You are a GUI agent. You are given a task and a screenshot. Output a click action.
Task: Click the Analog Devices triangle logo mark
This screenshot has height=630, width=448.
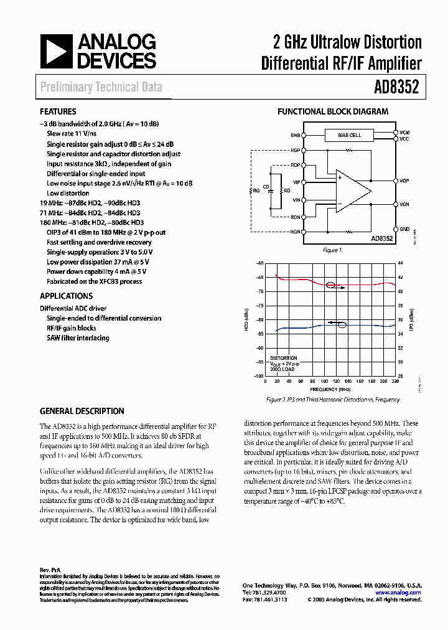57,52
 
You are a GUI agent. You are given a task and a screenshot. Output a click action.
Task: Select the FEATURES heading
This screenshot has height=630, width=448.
58,112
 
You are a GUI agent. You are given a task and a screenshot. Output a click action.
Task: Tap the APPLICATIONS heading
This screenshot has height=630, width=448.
66,296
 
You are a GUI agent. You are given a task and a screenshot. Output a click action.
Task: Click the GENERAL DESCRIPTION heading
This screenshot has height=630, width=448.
82,411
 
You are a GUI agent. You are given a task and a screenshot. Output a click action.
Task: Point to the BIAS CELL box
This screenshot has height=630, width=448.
349,135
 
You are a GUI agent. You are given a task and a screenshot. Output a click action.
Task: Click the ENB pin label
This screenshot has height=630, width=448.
294,135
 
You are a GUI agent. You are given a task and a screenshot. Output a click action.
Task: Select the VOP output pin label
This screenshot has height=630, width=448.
404,181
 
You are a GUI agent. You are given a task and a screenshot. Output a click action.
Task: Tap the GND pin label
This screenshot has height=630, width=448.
404,229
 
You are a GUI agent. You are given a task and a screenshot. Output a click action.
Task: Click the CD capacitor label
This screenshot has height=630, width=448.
266,186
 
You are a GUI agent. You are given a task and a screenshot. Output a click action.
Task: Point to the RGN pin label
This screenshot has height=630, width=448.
295,230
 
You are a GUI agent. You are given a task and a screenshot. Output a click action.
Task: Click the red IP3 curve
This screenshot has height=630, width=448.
299,280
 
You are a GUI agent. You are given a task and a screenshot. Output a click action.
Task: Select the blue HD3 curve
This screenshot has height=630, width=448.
299,327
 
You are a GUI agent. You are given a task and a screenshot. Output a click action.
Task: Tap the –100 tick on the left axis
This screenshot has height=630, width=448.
259,376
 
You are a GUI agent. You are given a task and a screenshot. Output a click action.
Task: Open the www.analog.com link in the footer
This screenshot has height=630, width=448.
403,593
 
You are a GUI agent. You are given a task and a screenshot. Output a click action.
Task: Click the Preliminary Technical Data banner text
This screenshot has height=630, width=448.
101,87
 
